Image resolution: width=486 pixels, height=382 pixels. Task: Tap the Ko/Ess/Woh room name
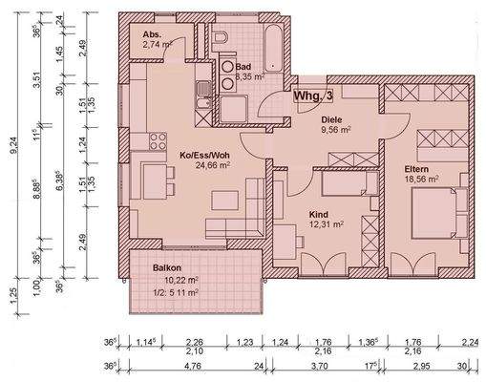205,154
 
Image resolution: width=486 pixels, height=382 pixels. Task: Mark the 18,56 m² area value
419,179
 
